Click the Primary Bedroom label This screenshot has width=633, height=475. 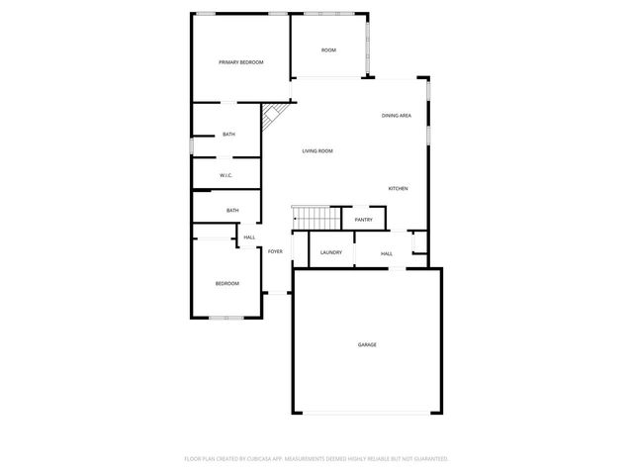tap(241, 62)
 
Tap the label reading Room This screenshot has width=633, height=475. tap(328, 50)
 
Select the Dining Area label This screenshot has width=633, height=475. tap(397, 116)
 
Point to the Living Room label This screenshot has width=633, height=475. tap(317, 150)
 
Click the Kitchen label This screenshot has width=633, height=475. tap(398, 188)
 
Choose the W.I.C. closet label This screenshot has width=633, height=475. tap(226, 176)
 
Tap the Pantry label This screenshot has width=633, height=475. tap(363, 220)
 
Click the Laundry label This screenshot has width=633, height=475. tap(331, 252)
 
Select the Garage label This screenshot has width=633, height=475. tap(367, 344)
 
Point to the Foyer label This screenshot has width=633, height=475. tap(275, 251)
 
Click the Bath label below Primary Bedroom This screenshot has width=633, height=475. tap(228, 135)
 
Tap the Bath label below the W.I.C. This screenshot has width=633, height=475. tap(232, 210)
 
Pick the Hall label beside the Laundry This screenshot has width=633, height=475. tap(387, 253)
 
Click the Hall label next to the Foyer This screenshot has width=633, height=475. tap(249, 237)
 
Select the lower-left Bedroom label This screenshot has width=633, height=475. tap(227, 284)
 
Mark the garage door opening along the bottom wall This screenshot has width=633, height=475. tap(366, 414)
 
